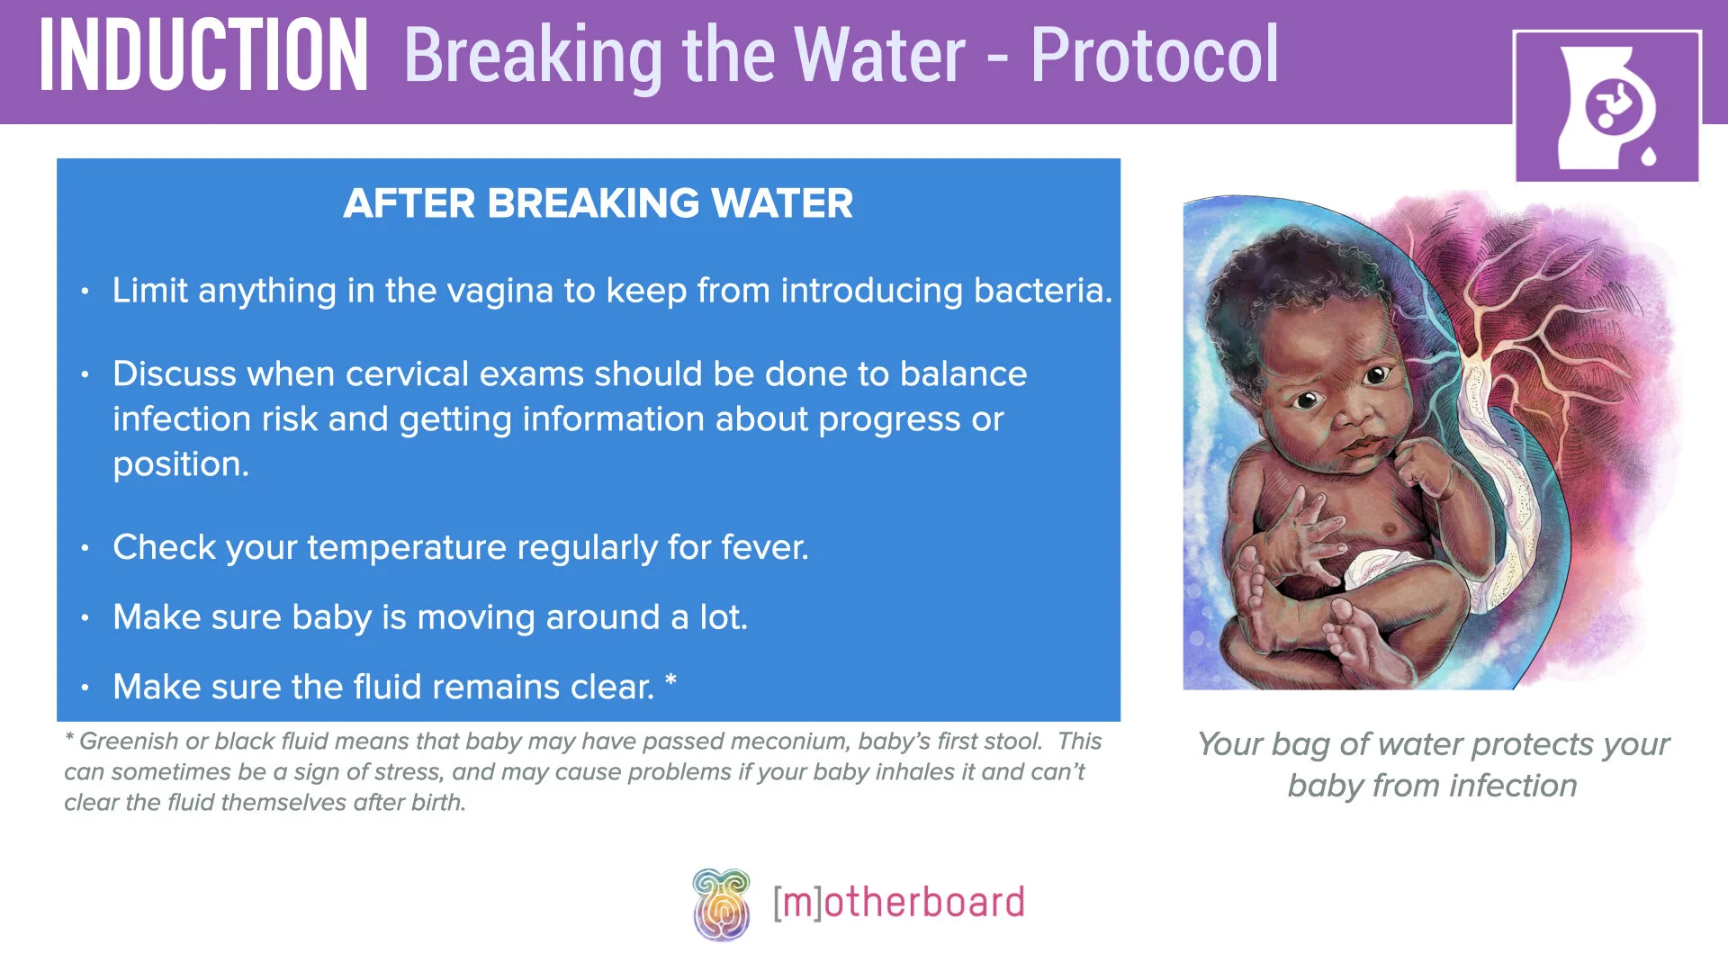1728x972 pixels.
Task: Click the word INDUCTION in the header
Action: coord(203,56)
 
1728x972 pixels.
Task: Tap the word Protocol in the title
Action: coord(1154,55)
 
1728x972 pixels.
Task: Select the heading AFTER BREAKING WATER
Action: coord(598,203)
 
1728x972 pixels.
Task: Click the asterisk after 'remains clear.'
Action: coord(670,679)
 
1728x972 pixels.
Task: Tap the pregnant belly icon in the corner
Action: coord(1607,107)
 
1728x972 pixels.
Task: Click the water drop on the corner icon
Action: coord(1648,156)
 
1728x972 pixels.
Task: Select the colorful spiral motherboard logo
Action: coord(721,904)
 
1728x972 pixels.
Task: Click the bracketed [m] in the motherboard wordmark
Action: coord(797,903)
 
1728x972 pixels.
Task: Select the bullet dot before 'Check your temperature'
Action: coord(85,547)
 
